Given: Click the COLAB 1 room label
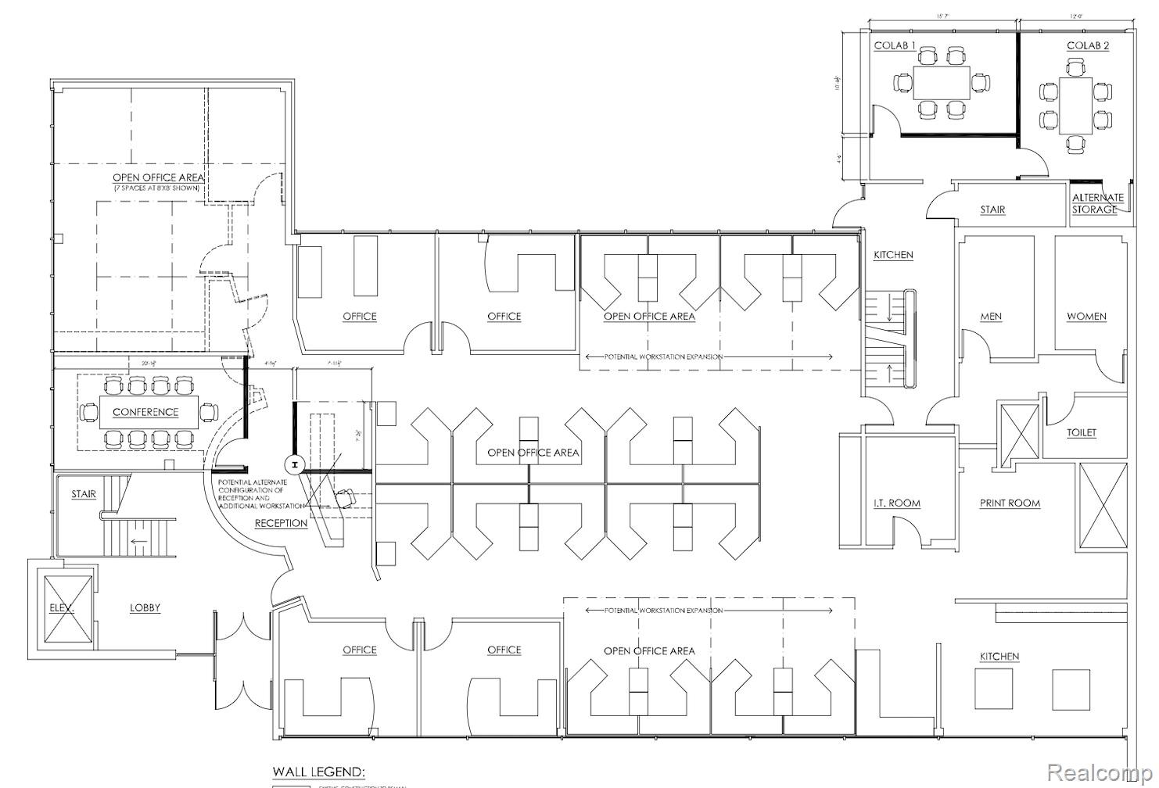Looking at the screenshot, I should click(x=895, y=46).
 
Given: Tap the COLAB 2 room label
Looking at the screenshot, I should click(x=1088, y=46).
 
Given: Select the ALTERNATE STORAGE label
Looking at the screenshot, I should click(x=1097, y=203).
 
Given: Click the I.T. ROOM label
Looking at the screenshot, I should click(x=896, y=503).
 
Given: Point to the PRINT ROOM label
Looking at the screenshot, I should click(x=1010, y=503).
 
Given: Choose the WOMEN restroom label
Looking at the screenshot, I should click(x=1086, y=317).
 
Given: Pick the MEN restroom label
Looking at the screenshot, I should click(x=991, y=317).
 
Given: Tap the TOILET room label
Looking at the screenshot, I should click(x=1082, y=432).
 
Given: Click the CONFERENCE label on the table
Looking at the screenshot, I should click(x=145, y=412).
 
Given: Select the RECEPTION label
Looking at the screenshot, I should click(x=281, y=523).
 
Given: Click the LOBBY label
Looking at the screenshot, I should click(x=145, y=607).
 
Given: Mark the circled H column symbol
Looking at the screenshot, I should click(x=293, y=465).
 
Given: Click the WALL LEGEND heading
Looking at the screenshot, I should click(x=318, y=772).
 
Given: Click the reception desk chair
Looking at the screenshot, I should click(x=345, y=495).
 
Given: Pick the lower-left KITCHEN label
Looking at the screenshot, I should click(x=999, y=657).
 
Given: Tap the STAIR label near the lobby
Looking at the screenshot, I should click(x=84, y=494).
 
